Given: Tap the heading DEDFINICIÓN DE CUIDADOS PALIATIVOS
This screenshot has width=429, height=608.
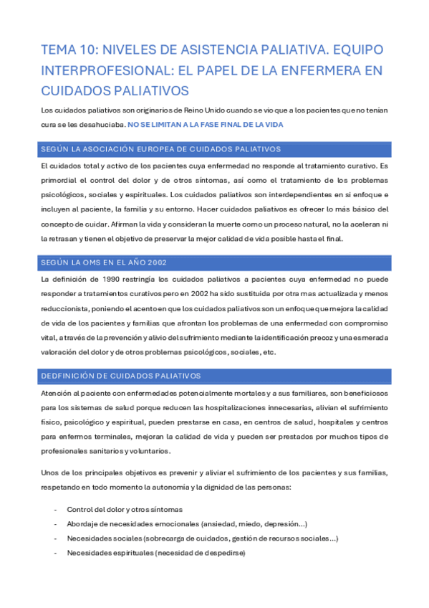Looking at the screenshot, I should (121, 376).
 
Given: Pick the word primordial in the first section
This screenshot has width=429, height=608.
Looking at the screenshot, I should (59, 180).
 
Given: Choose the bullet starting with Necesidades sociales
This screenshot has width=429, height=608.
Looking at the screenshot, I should (203, 538).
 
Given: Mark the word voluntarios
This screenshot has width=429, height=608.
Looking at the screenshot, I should (148, 451).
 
